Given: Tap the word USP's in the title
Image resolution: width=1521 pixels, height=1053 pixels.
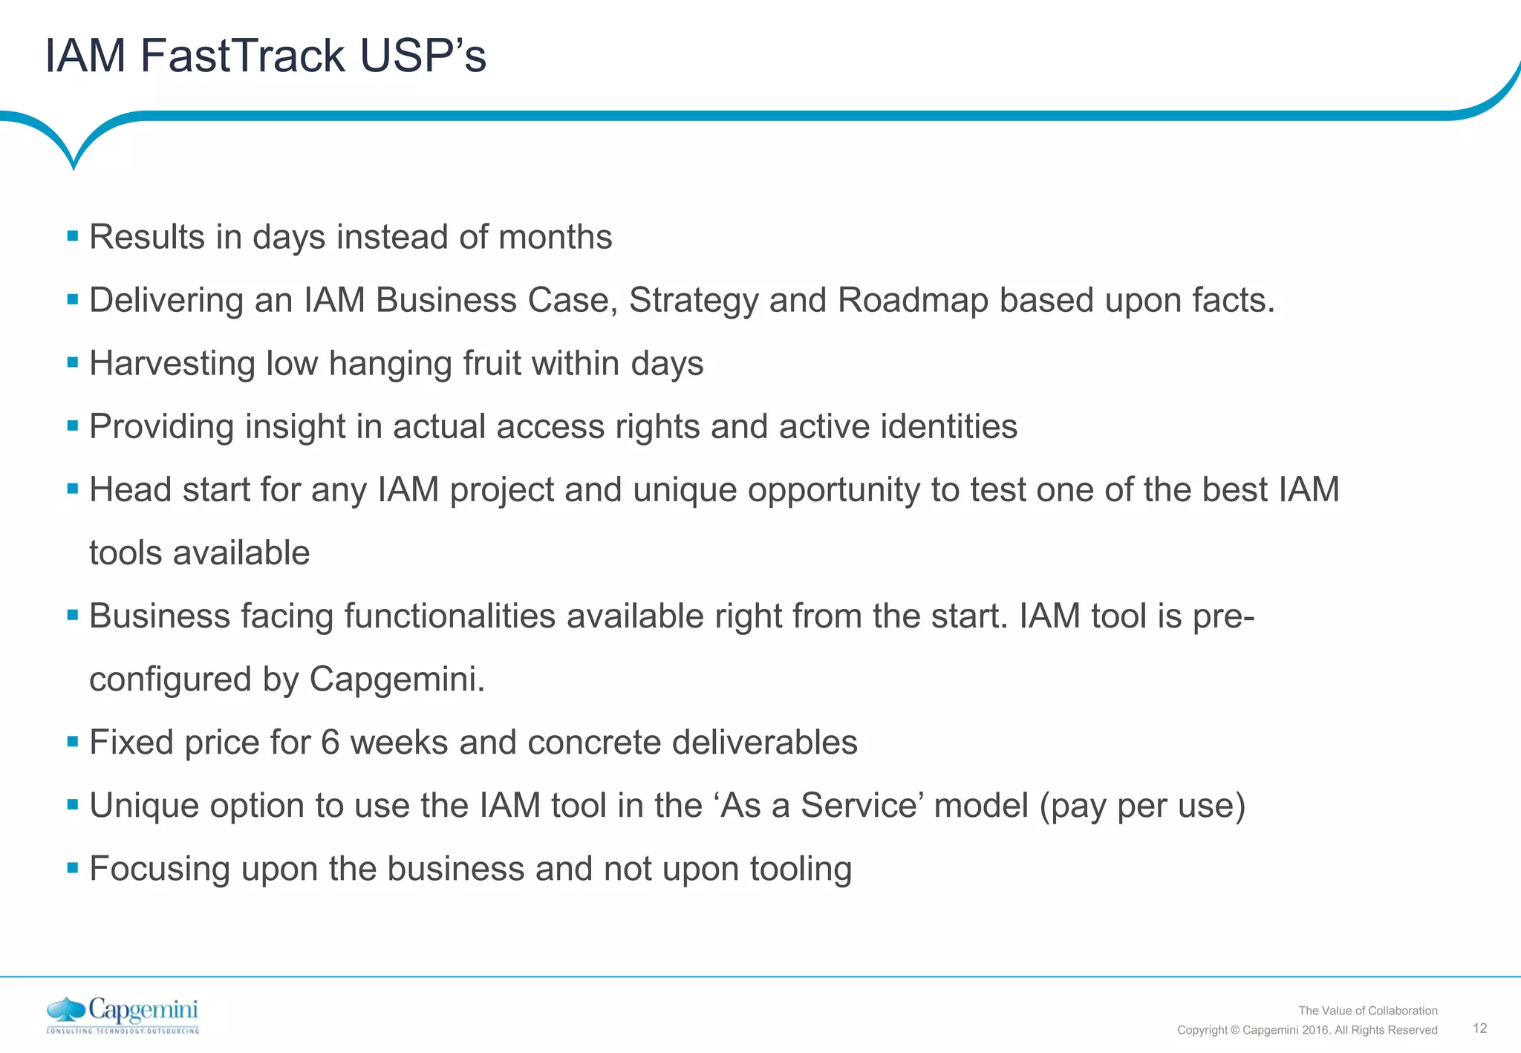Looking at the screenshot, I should pyautogui.click(x=423, y=56).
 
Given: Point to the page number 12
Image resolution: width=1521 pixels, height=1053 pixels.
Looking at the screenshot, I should pyautogui.click(x=1479, y=1028).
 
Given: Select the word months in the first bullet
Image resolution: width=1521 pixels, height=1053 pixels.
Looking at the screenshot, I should pyautogui.click(x=555, y=238).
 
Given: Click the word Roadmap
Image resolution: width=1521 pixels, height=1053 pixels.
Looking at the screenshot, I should pyautogui.click(x=913, y=301).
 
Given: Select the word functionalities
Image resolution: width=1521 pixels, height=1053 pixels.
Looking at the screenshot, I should pyautogui.click(x=449, y=616).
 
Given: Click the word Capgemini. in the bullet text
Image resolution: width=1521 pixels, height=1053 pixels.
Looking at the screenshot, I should pyautogui.click(x=397, y=679).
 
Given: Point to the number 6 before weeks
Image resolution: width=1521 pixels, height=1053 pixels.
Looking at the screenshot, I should pyautogui.click(x=330, y=743).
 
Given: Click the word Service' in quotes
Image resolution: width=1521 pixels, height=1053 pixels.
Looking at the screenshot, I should pyautogui.click(x=862, y=806).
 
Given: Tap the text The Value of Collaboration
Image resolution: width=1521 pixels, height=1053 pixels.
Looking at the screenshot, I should pyautogui.click(x=1367, y=1011).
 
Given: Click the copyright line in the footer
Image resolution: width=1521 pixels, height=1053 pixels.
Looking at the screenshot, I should pyautogui.click(x=1307, y=1030).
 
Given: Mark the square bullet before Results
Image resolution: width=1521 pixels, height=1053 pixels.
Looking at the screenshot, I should pyautogui.click(x=73, y=237).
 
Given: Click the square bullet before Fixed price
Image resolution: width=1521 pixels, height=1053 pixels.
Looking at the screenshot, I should pyautogui.click(x=73, y=742).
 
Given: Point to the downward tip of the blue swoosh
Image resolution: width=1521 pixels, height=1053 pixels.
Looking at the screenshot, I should pyautogui.click(x=74, y=166).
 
